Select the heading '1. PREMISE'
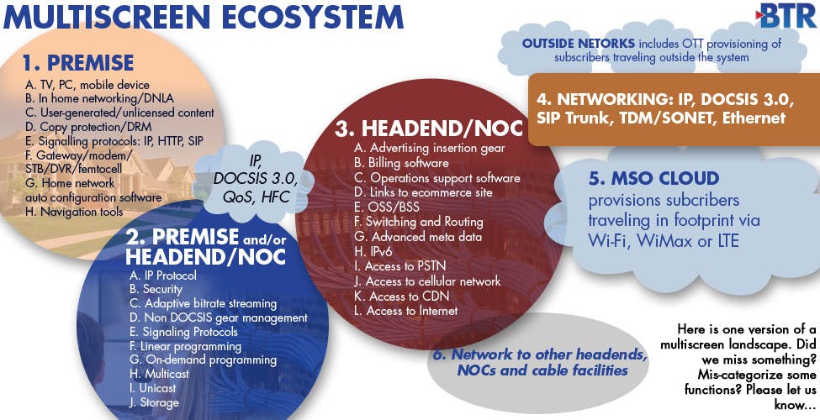[x=78, y=63]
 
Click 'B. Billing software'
[x=405, y=163]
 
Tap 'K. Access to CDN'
[x=402, y=296]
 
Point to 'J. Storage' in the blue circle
[x=153, y=402]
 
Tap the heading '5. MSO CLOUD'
[x=653, y=180]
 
